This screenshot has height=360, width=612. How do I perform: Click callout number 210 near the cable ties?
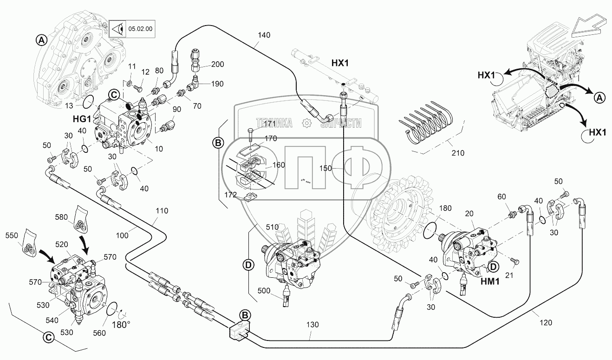(457, 153)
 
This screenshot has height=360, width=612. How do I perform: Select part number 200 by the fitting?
(217, 65)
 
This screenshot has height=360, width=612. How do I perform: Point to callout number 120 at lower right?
(545, 322)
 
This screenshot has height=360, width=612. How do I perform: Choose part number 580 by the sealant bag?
(74, 216)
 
